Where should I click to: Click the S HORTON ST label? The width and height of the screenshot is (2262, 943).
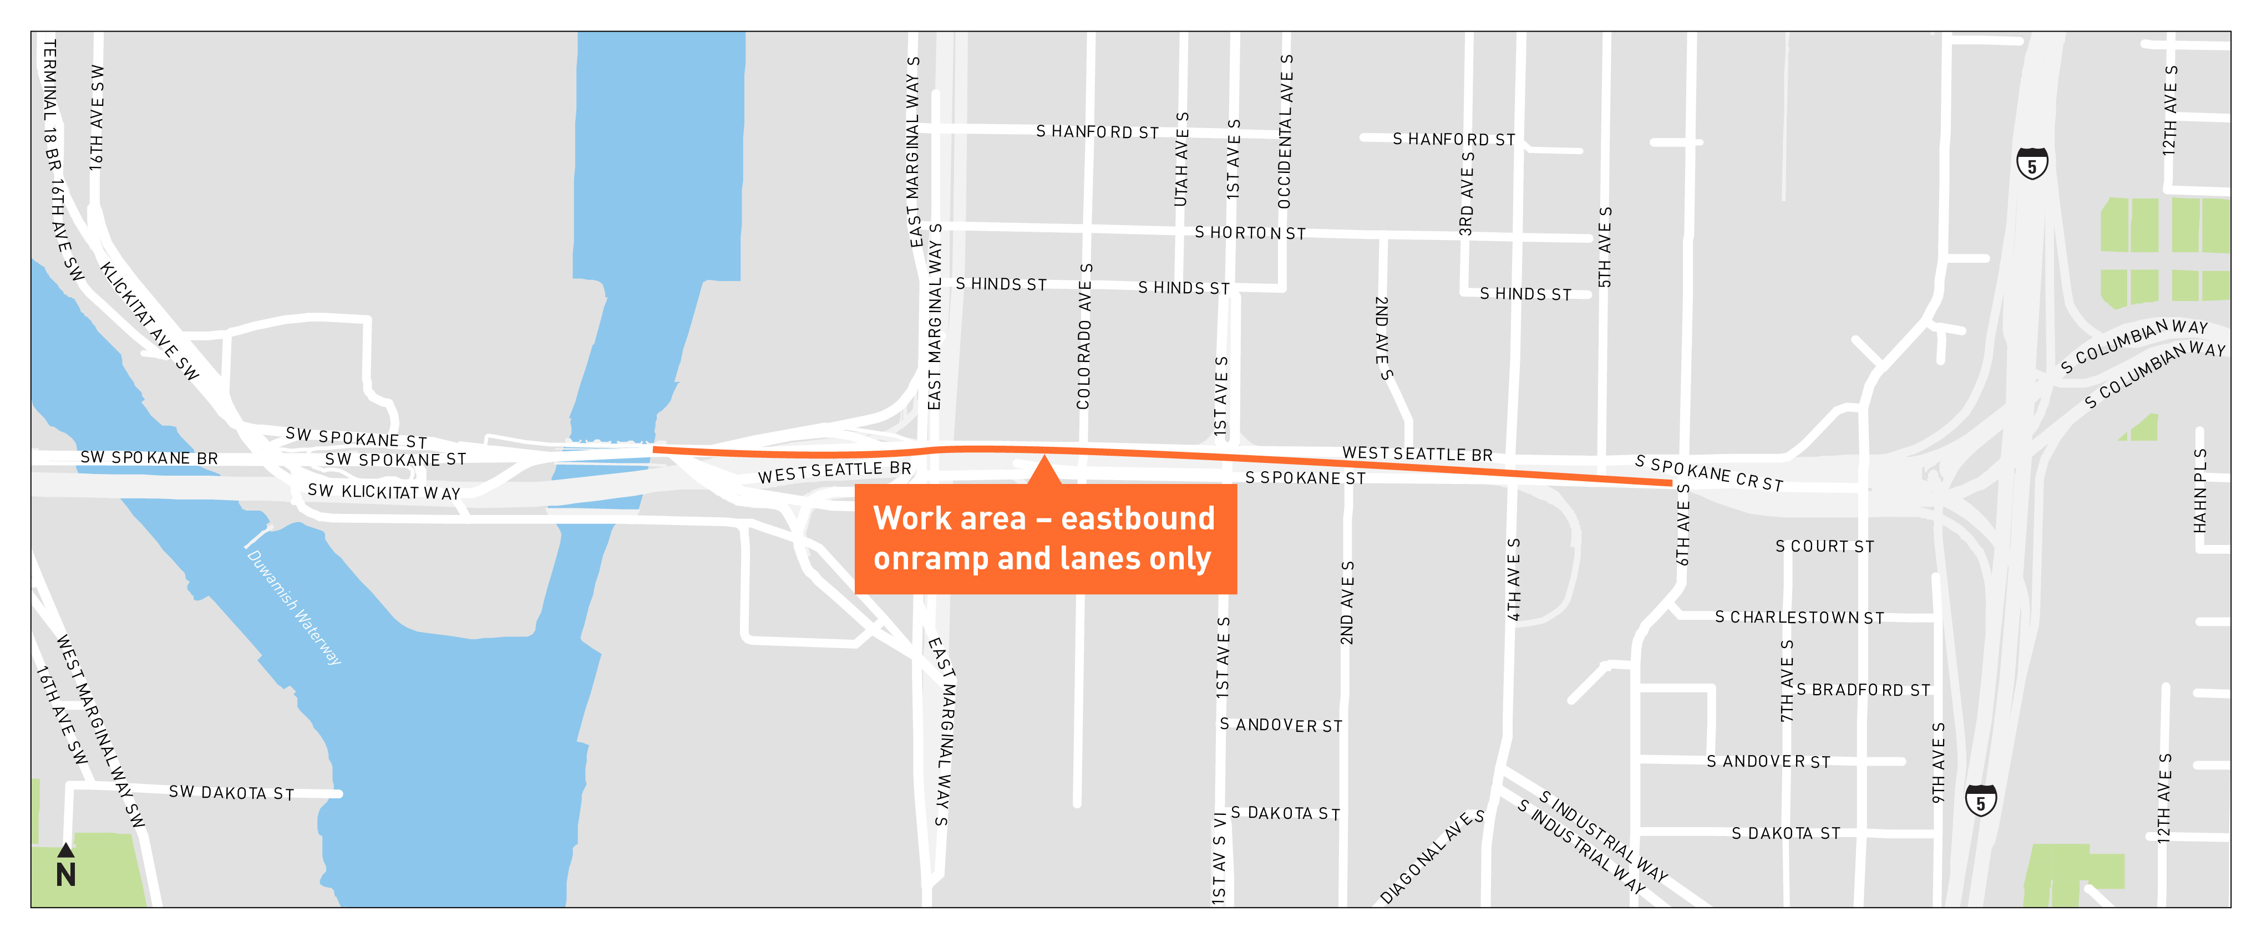point(1250,233)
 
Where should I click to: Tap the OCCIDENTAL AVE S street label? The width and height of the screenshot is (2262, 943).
point(1286,132)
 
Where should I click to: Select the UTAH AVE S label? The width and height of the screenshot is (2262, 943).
point(1182,160)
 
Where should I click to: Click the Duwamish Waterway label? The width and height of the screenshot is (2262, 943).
point(294,608)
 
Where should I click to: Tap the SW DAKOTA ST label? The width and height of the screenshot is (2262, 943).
point(231,793)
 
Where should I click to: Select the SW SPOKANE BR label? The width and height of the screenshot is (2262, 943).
point(149,457)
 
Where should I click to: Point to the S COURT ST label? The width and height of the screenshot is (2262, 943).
point(1825,546)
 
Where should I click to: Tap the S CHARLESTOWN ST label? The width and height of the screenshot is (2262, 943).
point(1799,617)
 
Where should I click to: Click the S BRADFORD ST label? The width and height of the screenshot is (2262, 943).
point(1863,690)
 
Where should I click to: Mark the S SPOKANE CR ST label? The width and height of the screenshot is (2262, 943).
point(1709,473)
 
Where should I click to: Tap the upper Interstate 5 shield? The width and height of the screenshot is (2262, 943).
point(2032,164)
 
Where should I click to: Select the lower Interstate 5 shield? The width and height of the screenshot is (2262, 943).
point(1981,801)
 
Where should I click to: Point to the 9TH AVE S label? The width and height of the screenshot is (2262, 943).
point(1939,762)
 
